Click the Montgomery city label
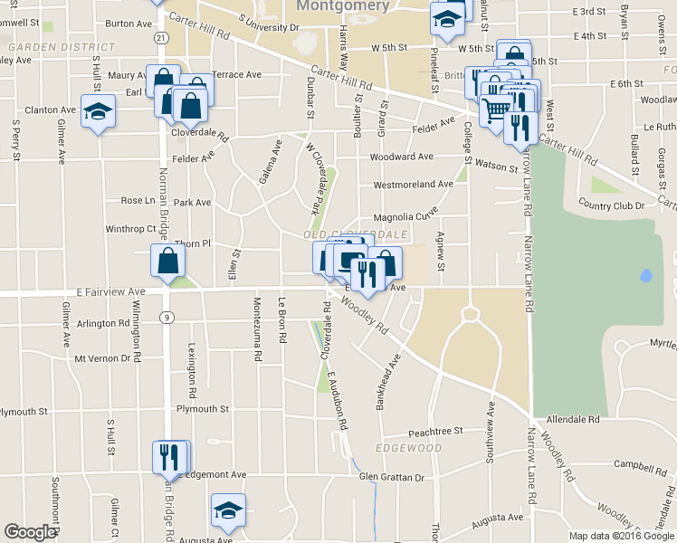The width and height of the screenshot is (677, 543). pos(343,5)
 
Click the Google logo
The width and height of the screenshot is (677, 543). pos(30,532)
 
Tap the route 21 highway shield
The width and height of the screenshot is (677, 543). pos(160,37)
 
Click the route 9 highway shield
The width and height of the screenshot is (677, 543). pos(167,317)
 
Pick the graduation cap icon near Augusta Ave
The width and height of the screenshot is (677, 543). pos(229,511)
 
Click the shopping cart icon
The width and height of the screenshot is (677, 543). pos(496,110)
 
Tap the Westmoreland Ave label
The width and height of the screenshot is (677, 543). pos(413,184)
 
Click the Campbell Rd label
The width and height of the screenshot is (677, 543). pos(634,465)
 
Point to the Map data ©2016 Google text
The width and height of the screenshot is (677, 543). pos(621,536)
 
